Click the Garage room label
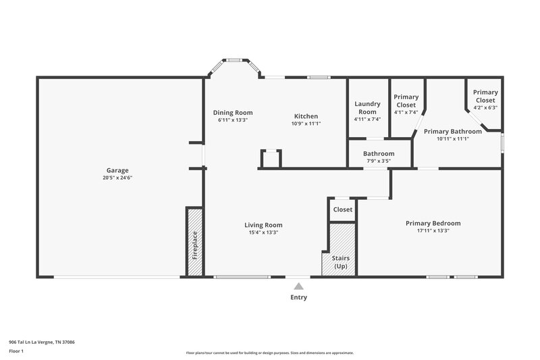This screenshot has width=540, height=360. coord(117,170)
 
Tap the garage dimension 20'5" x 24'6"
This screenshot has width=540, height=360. coord(117,178)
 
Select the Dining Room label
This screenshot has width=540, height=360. coord(232,112)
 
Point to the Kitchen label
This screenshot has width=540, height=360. coord(306,116)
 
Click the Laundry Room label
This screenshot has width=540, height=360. coord(367,107)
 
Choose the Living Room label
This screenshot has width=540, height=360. coord(263,225)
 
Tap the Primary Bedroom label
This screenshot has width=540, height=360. coord(433,223)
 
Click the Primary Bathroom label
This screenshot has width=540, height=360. coord(452,131)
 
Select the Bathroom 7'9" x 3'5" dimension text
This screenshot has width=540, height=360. coord(379,161)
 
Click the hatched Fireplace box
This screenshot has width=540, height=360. coord(195,242)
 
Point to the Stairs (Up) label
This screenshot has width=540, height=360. coord(341,262)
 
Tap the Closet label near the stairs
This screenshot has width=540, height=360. coord(342,209)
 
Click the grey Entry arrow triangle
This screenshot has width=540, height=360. coord(298,286)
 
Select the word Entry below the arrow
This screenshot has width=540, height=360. coord(298,297)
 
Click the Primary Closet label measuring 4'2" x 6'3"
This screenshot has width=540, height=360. coord(485,96)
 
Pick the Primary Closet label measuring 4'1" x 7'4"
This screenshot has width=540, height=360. coord(406,101)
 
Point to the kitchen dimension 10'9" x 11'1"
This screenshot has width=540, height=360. coord(306,124)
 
